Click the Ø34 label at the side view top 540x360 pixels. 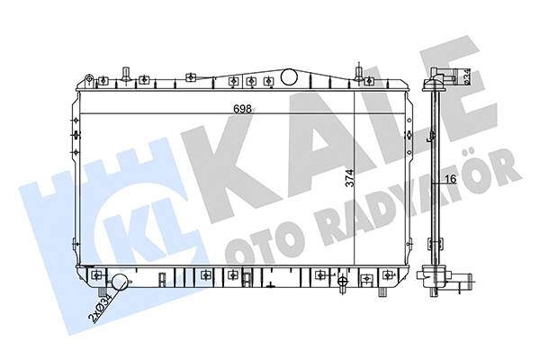pyautogui.click(x=467, y=79)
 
